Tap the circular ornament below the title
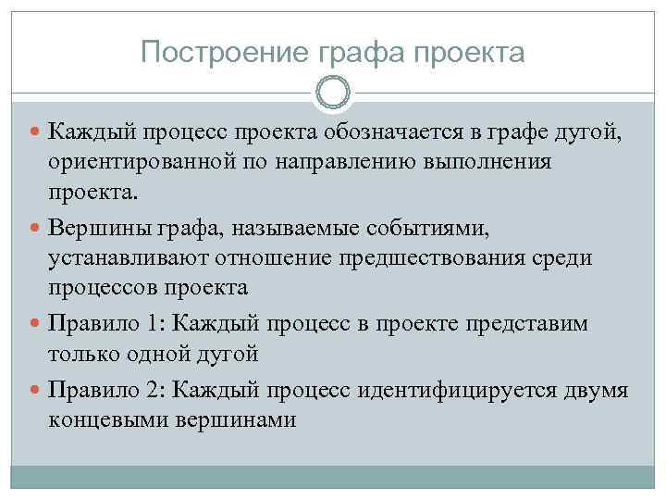(x=333, y=93)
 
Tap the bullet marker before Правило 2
(x=36, y=391)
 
